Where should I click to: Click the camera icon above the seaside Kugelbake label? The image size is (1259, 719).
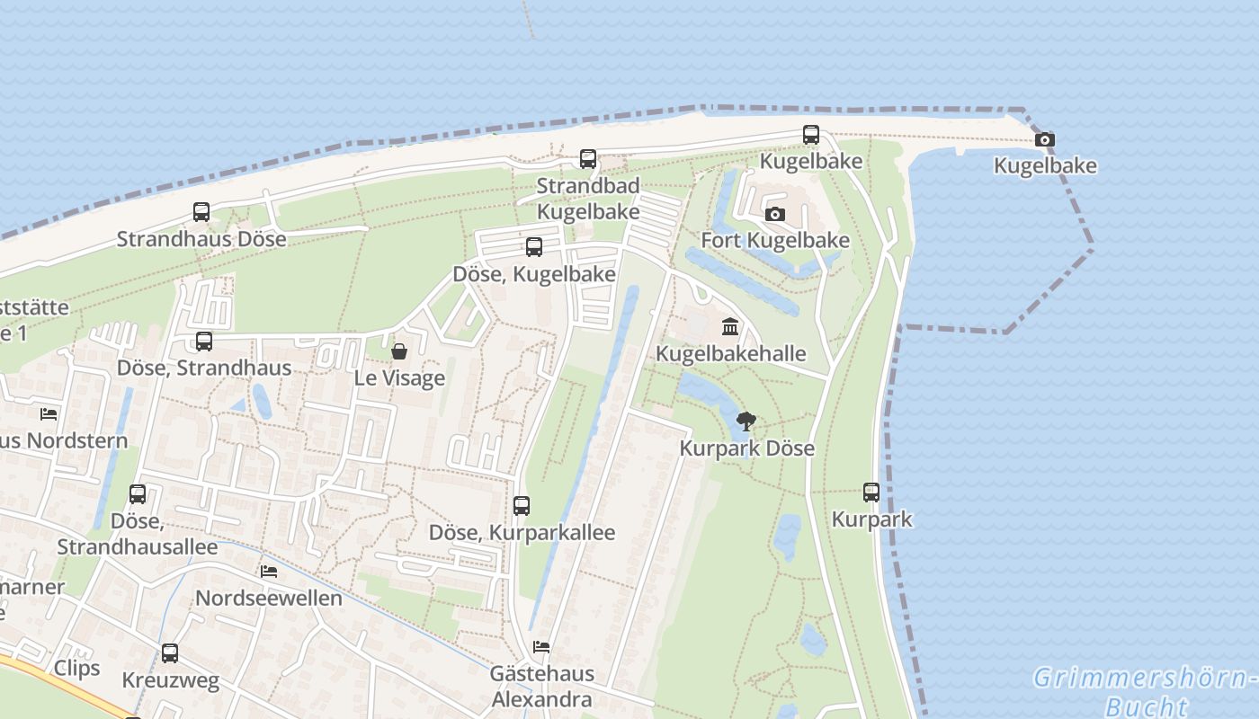pyautogui.click(x=1044, y=140)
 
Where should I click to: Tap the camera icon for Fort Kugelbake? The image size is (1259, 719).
pyautogui.click(x=774, y=215)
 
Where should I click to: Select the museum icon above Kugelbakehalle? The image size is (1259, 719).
pyautogui.click(x=730, y=326)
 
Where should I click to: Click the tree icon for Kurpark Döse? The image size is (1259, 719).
pyautogui.click(x=746, y=421)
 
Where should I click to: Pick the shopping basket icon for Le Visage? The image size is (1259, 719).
pyautogui.click(x=399, y=351)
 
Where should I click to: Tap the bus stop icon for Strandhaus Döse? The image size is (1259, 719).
pyautogui.click(x=201, y=212)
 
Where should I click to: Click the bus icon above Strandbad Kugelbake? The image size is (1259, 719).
pyautogui.click(x=588, y=159)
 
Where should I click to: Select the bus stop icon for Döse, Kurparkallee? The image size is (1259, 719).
pyautogui.click(x=522, y=506)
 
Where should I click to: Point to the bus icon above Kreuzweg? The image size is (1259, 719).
pyautogui.click(x=170, y=653)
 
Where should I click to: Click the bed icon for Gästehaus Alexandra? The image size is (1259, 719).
pyautogui.click(x=541, y=647)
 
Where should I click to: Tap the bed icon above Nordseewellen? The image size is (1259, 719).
pyautogui.click(x=268, y=572)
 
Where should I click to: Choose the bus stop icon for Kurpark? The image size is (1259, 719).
pyautogui.click(x=871, y=493)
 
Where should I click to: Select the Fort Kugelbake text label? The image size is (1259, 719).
pyautogui.click(x=775, y=241)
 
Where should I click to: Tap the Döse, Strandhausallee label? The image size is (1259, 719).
pyautogui.click(x=137, y=534)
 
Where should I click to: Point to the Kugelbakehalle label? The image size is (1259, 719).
pyautogui.click(x=731, y=353)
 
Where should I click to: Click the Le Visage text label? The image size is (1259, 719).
pyautogui.click(x=399, y=377)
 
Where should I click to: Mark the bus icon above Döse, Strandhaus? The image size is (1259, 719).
pyautogui.click(x=204, y=342)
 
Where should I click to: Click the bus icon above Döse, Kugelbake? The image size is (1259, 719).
pyautogui.click(x=534, y=247)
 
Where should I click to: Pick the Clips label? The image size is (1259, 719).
pyautogui.click(x=77, y=668)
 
